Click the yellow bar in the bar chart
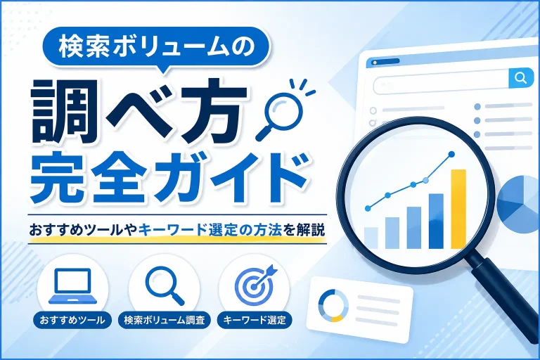click(x=458, y=209)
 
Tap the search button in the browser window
click(x=520, y=78)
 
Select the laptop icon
click(x=72, y=286)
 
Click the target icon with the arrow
click(x=255, y=284)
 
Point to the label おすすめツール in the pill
click(x=72, y=320)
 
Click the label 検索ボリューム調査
click(x=165, y=320)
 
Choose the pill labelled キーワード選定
click(x=255, y=320)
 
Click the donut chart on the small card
click(x=333, y=306)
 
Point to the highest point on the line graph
click(x=451, y=154)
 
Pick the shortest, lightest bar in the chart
click(x=371, y=238)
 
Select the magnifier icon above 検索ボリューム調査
click(x=165, y=285)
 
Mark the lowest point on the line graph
click(x=368, y=208)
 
